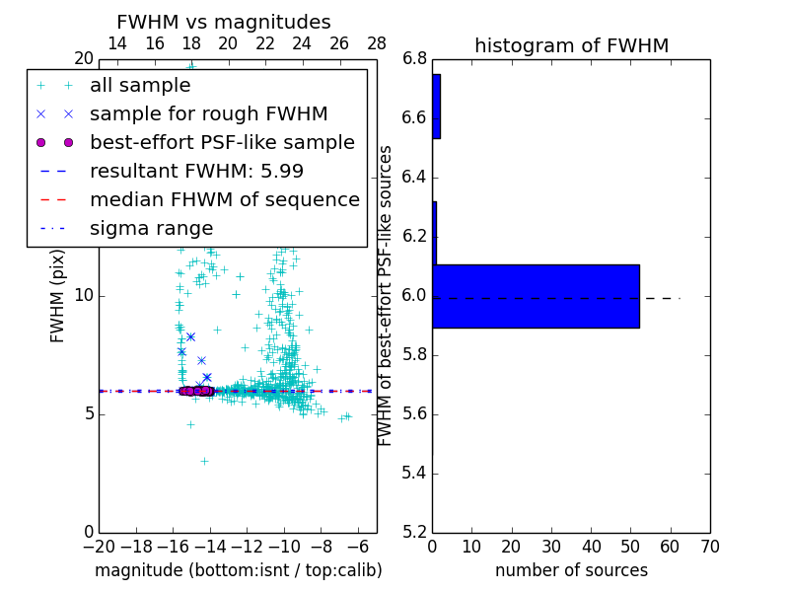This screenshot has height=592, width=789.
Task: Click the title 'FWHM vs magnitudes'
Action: [x=223, y=23]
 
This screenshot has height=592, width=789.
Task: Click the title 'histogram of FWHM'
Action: [x=571, y=45]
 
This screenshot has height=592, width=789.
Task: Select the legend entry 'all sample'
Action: [x=140, y=86]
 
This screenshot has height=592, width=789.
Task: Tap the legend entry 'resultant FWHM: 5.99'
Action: [x=196, y=172]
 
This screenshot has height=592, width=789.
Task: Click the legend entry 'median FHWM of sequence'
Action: [x=224, y=200]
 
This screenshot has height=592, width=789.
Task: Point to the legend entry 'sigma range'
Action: [x=151, y=229]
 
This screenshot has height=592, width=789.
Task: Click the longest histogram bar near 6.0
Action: [x=536, y=296]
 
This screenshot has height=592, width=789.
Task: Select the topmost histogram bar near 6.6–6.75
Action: [x=436, y=107]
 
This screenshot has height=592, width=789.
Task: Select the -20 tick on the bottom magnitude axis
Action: [x=99, y=547]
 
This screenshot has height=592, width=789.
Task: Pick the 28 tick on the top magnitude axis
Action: [x=377, y=43]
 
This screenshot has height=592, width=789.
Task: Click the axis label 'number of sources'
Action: [x=571, y=570]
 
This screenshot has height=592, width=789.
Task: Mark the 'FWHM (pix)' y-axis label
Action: [x=58, y=296]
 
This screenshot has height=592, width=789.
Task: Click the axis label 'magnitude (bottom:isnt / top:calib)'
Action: [x=238, y=570]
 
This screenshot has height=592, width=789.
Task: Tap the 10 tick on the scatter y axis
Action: [x=84, y=296]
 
